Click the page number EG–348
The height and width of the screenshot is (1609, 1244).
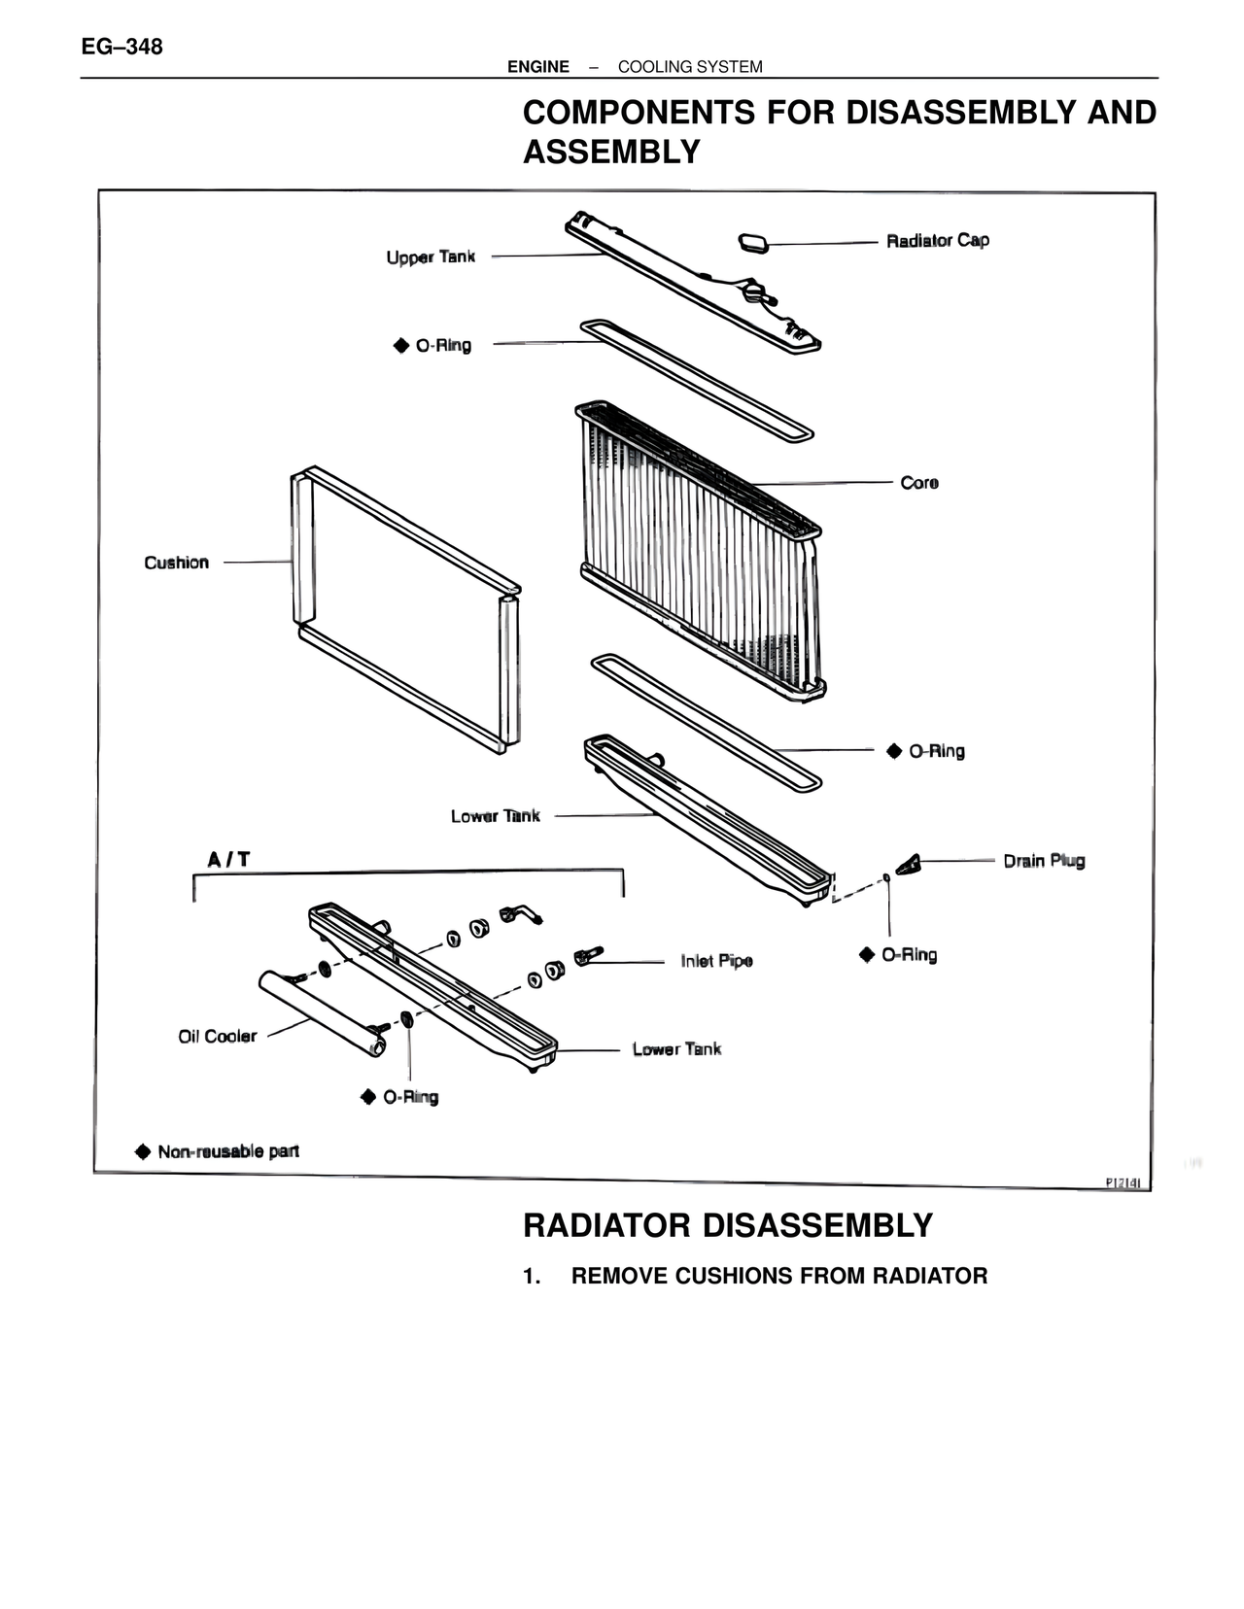pyautogui.click(x=122, y=47)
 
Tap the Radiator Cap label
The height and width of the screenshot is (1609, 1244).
pyautogui.click(x=938, y=241)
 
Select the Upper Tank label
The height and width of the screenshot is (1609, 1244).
pyautogui.click(x=431, y=257)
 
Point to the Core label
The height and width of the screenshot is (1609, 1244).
pyautogui.click(x=919, y=483)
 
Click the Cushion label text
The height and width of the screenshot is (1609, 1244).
pyautogui.click(x=176, y=563)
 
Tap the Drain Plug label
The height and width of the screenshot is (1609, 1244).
pyautogui.click(x=1044, y=861)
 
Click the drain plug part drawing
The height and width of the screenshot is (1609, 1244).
pyautogui.click(x=909, y=864)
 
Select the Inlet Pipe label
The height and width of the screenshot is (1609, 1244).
pyautogui.click(x=717, y=961)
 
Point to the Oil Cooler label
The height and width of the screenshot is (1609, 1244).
pyautogui.click(x=217, y=1037)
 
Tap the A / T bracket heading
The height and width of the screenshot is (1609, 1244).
pyautogui.click(x=228, y=860)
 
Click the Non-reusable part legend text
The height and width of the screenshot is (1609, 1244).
pyautogui.click(x=228, y=1151)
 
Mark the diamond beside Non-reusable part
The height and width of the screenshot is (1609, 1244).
pyautogui.click(x=143, y=1151)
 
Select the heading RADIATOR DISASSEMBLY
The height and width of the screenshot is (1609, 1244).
pyautogui.click(x=728, y=1225)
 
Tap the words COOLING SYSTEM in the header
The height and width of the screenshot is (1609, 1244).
pyautogui.click(x=690, y=67)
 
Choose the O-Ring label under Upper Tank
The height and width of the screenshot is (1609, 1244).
pyautogui.click(x=443, y=346)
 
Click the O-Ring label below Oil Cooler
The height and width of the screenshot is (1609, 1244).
pyautogui.click(x=411, y=1097)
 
